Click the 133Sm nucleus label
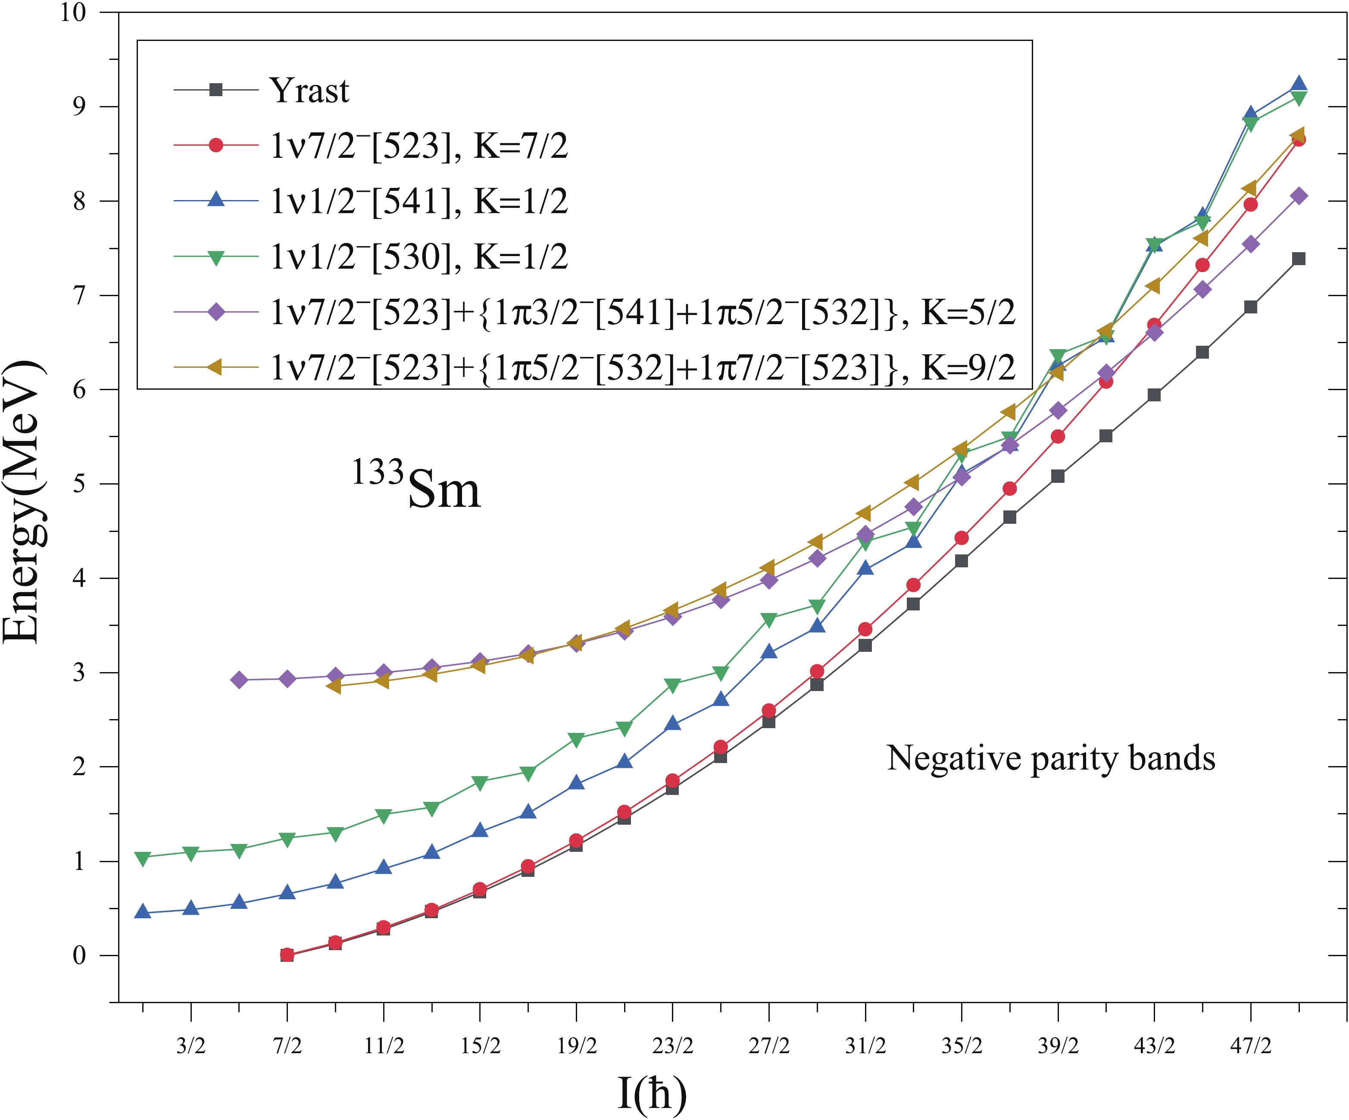click(416, 486)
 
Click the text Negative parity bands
click(1051, 758)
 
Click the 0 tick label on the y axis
click(79, 955)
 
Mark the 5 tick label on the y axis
click(79, 484)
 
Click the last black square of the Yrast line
click(1298, 259)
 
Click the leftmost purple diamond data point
click(239, 680)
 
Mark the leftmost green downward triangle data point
click(143, 858)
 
